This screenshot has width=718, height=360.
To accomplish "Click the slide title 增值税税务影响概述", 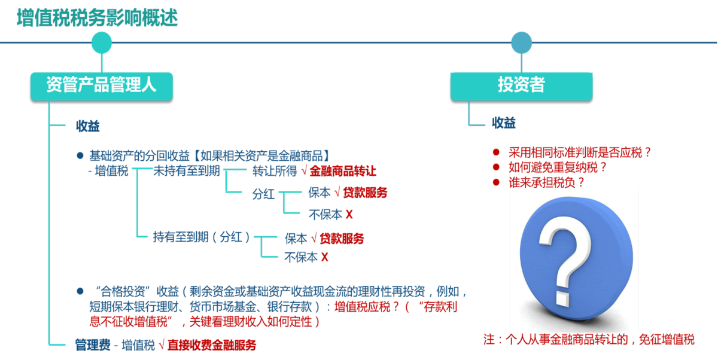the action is coord(98,17).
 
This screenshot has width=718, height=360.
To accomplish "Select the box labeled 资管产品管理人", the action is coord(102,86).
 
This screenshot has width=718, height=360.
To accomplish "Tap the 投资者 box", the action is coord(521,86).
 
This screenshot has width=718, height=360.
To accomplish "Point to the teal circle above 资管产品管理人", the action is coord(102,42).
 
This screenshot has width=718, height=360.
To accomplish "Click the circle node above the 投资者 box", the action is coord(522,42).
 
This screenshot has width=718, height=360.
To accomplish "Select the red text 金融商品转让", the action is coord(343,171).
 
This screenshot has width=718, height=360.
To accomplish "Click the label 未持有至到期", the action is coord(187,170).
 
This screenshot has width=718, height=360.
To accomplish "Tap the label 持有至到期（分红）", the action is coord(201,237).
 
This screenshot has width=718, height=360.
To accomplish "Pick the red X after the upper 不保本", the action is coord(349,214).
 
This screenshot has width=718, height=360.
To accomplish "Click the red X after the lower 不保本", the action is coord(325,257).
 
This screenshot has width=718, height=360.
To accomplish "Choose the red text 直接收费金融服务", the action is coord(212,345).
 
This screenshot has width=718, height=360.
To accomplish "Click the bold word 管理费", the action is coord(93,345).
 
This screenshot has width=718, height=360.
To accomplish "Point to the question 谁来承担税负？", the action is coord(546,182).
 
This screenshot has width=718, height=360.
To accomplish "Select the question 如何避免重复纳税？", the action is coord(558,167).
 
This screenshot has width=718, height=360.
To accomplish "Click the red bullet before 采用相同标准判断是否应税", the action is coord(496,152).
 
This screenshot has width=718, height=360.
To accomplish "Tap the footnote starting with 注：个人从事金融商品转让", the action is coord(589,339).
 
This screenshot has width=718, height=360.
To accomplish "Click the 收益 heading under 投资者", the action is coord(504,123).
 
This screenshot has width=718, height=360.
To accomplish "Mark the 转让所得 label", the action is coord(275,171).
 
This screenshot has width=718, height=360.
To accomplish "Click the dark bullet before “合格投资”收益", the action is coord(80,291).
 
